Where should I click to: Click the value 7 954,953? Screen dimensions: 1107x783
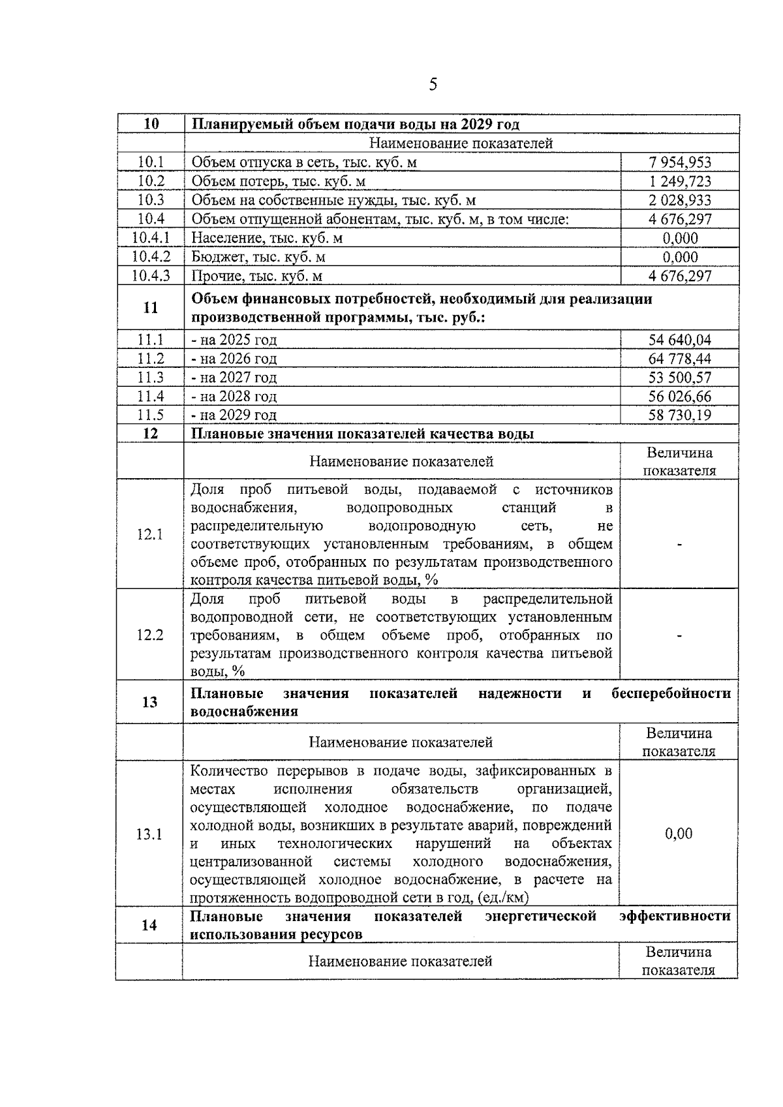(679, 162)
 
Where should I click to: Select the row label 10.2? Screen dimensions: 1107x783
(151, 181)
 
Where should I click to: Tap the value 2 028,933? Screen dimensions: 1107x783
(679, 200)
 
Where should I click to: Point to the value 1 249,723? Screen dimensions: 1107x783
(679, 181)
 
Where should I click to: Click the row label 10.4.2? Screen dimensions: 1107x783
(151, 257)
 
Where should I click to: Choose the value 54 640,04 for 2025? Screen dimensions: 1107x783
(679, 339)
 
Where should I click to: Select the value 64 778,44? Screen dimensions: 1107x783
(679, 358)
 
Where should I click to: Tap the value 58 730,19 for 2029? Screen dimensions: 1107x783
(679, 415)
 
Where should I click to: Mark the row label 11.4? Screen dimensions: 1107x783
(151, 396)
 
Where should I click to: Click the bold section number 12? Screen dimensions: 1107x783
(151, 433)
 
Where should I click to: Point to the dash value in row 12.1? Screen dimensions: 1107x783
(679, 545)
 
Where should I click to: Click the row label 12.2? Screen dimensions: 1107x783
(149, 635)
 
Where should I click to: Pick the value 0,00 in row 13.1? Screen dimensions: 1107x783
(679, 833)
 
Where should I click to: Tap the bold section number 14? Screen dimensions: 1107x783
(149, 924)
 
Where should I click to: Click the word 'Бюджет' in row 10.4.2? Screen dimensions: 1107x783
(215, 257)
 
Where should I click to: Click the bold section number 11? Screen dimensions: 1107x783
(151, 307)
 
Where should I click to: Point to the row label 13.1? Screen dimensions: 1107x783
(149, 834)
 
